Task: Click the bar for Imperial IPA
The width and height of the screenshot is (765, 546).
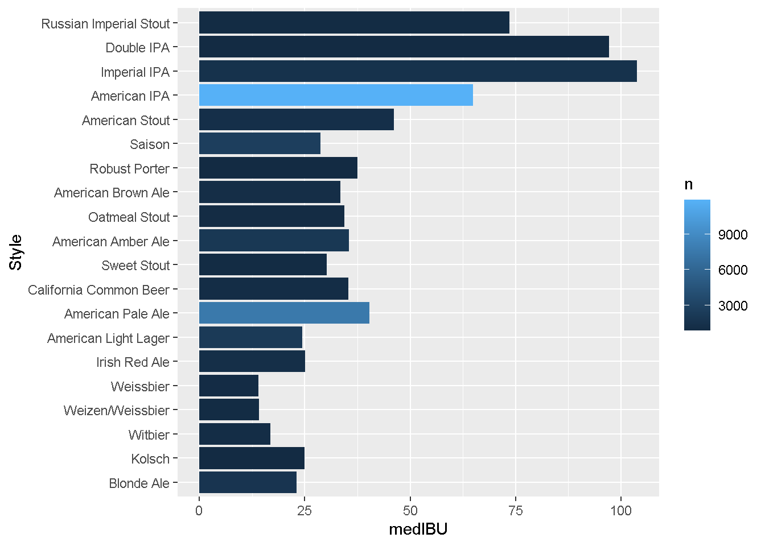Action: (x=418, y=72)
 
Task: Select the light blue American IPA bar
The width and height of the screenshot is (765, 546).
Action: (x=336, y=96)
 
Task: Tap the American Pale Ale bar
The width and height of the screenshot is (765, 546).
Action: (x=284, y=313)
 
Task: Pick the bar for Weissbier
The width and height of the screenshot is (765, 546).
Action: (x=229, y=386)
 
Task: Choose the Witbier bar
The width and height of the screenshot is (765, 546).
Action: (x=235, y=435)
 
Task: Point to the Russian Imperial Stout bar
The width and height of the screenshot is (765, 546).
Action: (x=354, y=23)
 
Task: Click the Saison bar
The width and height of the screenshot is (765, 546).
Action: (x=260, y=144)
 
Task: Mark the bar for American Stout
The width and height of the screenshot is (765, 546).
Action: (x=296, y=120)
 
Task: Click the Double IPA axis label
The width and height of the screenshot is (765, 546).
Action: (x=137, y=48)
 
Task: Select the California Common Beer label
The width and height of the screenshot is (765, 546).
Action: (x=98, y=290)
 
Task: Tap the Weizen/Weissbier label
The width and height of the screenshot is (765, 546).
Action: (x=116, y=411)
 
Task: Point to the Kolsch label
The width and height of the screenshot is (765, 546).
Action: (x=150, y=459)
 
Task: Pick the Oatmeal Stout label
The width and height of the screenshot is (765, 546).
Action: (x=129, y=217)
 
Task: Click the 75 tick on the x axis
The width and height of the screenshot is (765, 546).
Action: (x=516, y=511)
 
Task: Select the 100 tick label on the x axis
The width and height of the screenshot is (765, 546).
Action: (x=621, y=511)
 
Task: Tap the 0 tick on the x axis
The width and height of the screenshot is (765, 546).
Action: (x=199, y=511)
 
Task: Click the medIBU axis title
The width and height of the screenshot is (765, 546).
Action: (x=418, y=530)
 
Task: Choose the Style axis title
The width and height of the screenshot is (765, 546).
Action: (x=16, y=253)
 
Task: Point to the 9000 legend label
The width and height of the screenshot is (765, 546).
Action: (x=733, y=235)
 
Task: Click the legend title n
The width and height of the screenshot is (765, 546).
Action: (x=689, y=184)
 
